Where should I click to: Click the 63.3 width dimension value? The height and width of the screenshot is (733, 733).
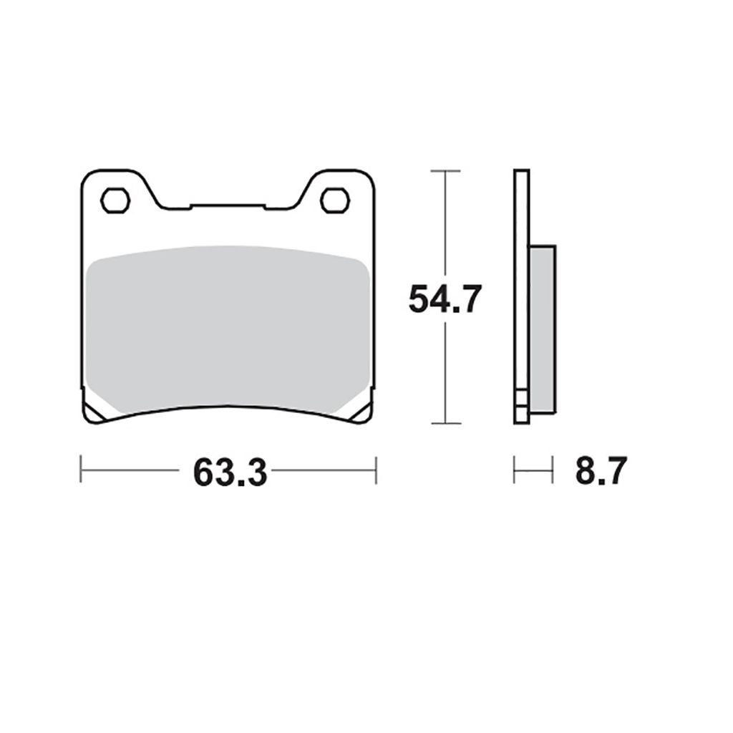click(x=230, y=472)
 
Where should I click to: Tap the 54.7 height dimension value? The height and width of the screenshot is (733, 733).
click(x=445, y=299)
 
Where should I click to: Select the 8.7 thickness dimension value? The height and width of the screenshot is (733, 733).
click(x=601, y=471)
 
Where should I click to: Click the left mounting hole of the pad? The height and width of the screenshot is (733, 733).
click(x=115, y=200)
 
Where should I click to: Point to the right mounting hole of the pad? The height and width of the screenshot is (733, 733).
click(x=335, y=200)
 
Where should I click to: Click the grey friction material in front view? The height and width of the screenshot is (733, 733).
click(x=228, y=329)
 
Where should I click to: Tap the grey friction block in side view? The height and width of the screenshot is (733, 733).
click(x=543, y=329)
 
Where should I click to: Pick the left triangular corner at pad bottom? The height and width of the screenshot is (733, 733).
click(x=95, y=412)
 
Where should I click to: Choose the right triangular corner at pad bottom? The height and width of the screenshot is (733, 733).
click(x=361, y=412)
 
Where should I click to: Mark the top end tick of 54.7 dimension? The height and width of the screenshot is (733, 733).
click(x=445, y=171)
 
